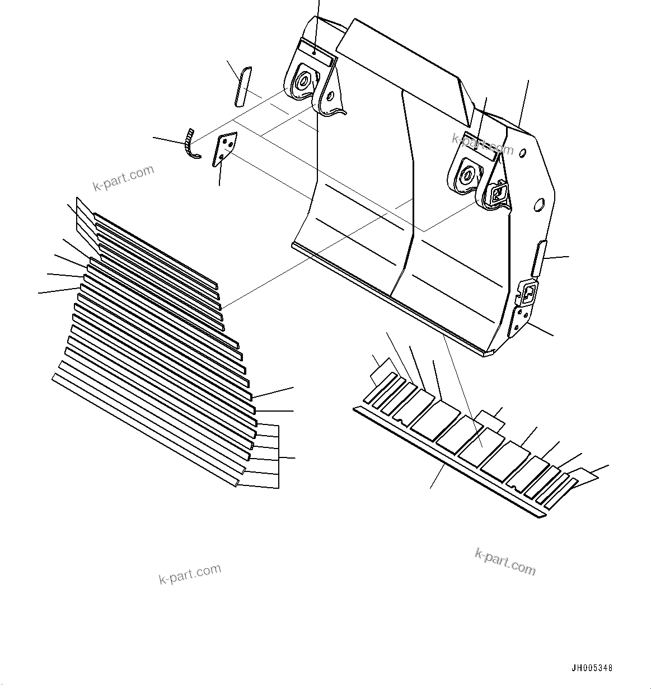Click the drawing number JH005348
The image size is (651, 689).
click(592, 668)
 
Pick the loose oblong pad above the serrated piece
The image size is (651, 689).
click(242, 86)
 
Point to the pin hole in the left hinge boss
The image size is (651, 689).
click(302, 82)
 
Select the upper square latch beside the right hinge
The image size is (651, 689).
click(497, 193)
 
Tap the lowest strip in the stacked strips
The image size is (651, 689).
click(146, 431)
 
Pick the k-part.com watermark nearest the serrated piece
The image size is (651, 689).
click(123, 178)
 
